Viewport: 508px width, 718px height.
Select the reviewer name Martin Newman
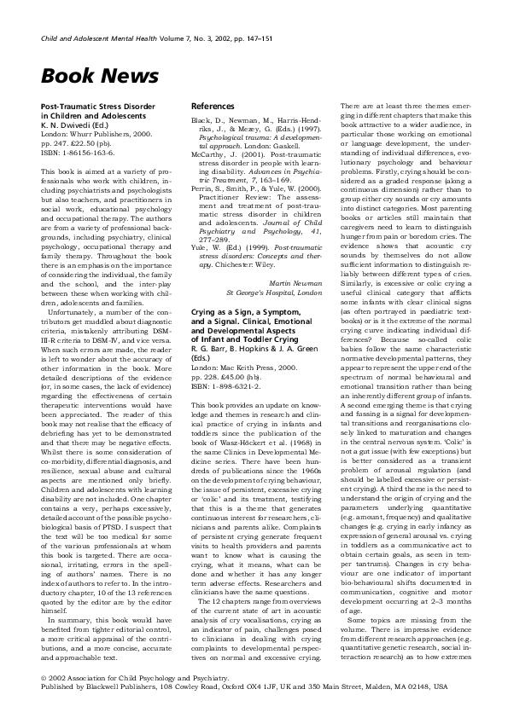298,258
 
